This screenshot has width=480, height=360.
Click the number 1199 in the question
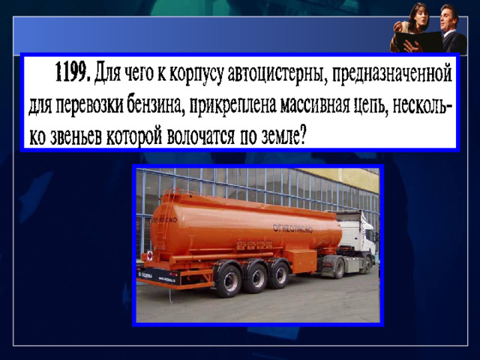click(73, 72)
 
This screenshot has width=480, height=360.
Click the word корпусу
click(196, 74)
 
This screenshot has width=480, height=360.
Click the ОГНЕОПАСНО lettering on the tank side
click(292, 228)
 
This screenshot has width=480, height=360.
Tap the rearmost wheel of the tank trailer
click(228, 282)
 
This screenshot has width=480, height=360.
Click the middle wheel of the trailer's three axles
click(256, 278)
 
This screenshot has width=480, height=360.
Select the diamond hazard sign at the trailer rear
click(149, 255)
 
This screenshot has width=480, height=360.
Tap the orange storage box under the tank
click(303, 261)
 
